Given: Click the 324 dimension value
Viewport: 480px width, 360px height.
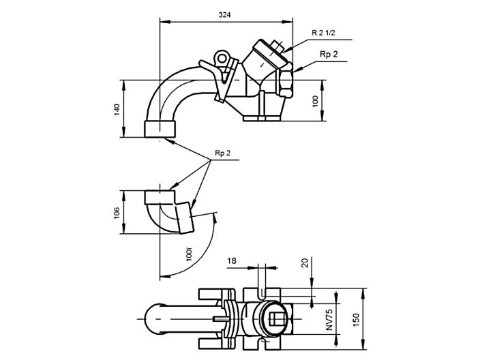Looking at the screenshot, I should (224, 14).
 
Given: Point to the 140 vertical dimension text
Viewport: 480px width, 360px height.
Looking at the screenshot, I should (117, 109).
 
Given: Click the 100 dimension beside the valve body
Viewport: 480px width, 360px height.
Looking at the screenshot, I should (314, 100).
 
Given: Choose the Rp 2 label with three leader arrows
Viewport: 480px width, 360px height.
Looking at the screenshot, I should (223, 153).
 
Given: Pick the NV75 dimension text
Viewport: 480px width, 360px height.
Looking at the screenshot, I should (328, 318).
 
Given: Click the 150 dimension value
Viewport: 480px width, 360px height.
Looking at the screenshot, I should (355, 319).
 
